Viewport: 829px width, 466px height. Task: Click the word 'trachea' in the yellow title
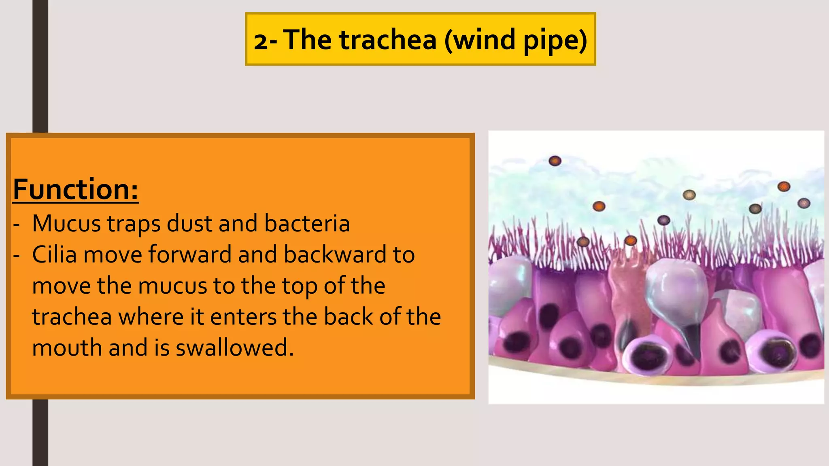[x=388, y=40]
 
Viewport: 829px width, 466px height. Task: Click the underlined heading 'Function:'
[x=76, y=189]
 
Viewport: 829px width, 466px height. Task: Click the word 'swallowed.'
[x=234, y=347]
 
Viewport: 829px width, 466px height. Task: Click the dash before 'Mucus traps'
[x=16, y=224]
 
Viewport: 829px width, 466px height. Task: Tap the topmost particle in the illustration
[x=555, y=161]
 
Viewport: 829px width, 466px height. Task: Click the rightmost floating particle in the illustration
[x=803, y=203]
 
